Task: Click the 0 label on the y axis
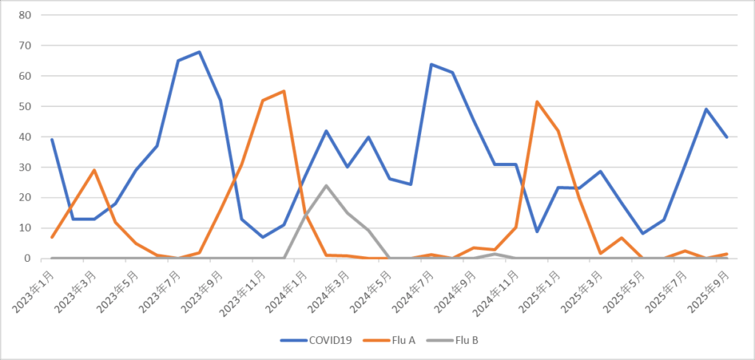click(27, 258)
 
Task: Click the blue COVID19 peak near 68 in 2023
click(199, 52)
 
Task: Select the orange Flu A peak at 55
click(284, 91)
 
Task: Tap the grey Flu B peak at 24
click(326, 185)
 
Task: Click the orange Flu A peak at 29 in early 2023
click(94, 170)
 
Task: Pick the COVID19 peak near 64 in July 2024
click(431, 64)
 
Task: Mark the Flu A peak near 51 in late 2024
click(537, 102)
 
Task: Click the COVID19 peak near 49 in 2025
click(706, 109)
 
